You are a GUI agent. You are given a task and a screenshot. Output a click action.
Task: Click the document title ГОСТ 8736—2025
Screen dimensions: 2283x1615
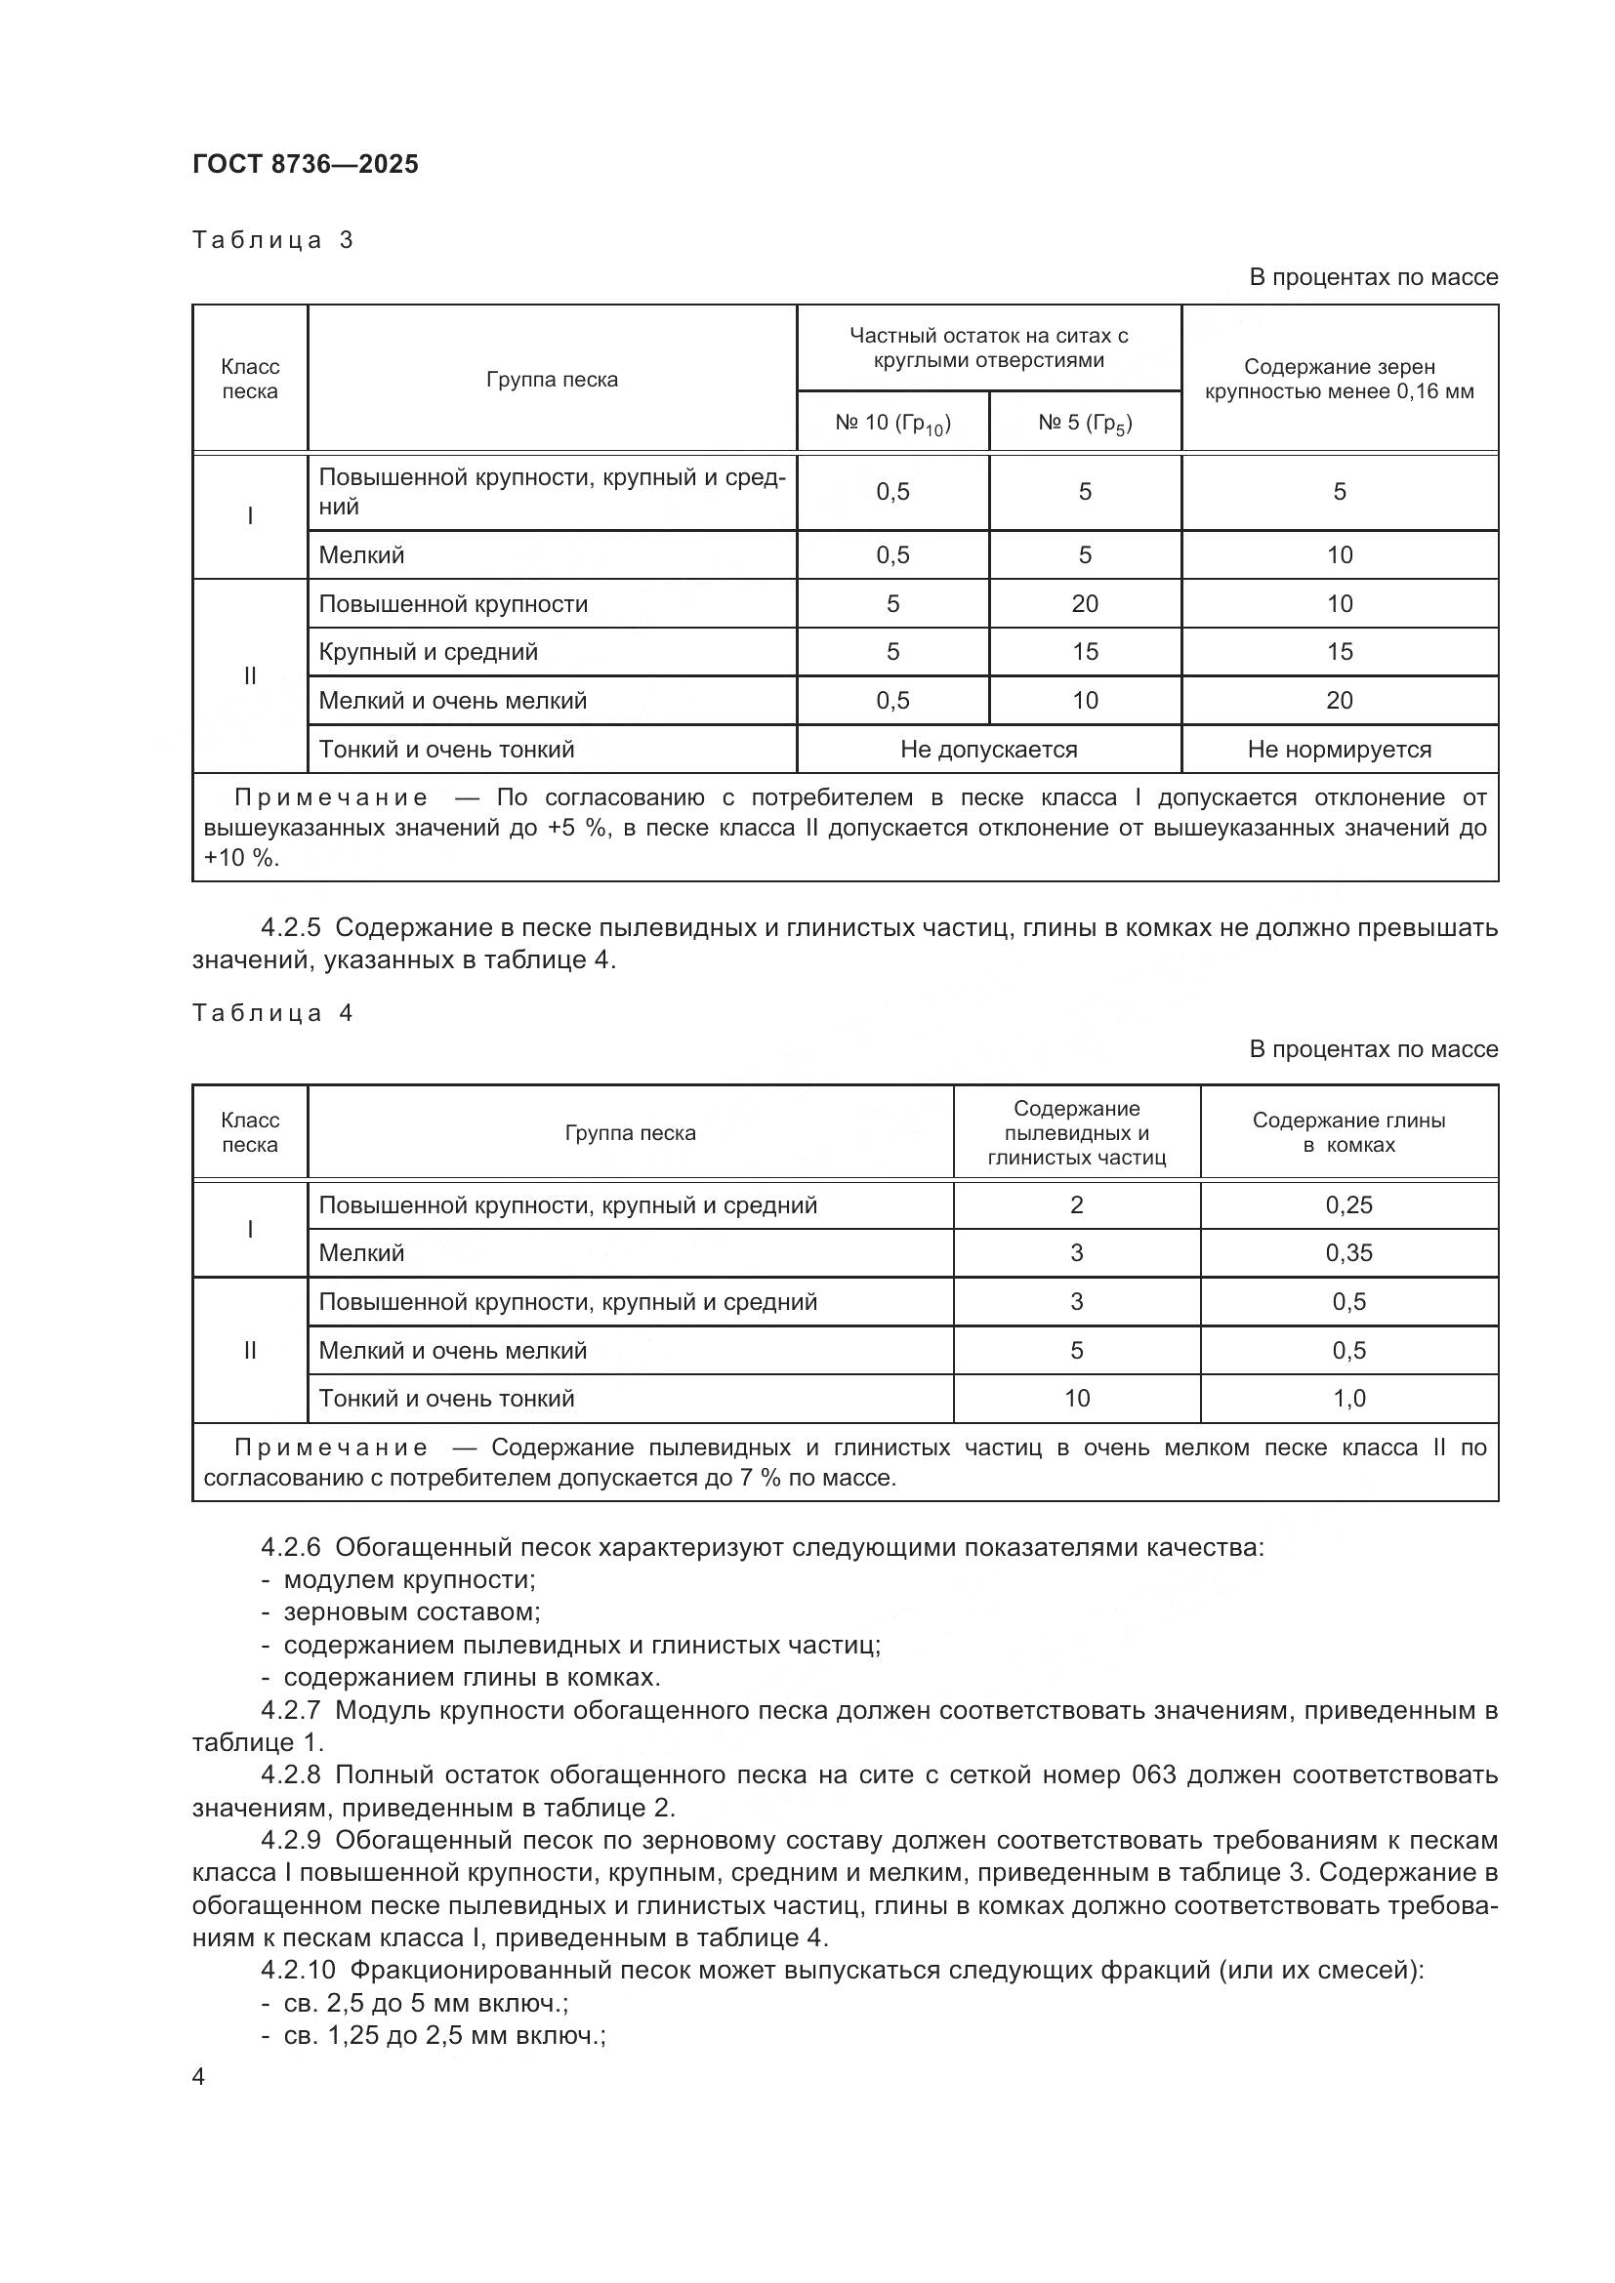coord(306,164)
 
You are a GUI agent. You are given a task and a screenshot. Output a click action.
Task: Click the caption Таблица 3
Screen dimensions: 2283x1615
coord(272,240)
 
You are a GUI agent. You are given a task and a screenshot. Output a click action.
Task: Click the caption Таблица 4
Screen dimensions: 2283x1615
coord(272,1012)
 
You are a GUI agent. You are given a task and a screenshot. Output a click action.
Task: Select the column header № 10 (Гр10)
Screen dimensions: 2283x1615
coord(892,424)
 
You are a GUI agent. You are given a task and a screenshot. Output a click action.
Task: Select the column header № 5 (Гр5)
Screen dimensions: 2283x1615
coord(1085,424)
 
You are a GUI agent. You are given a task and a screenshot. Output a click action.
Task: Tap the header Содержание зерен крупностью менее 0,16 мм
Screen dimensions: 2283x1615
coord(1339,379)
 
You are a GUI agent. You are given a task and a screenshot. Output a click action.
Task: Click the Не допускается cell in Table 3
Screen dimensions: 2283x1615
coord(988,749)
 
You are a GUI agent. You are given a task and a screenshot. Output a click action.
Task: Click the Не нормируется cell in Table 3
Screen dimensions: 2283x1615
coord(1339,749)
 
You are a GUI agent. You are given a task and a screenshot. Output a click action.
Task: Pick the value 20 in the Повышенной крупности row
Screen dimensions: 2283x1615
coord(1085,603)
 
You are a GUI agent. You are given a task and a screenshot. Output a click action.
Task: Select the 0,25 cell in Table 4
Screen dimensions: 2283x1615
coord(1348,1205)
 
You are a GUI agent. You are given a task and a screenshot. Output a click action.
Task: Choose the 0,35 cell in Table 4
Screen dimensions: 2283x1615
coord(1348,1253)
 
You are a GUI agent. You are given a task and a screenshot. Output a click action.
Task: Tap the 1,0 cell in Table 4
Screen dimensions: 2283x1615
coord(1348,1398)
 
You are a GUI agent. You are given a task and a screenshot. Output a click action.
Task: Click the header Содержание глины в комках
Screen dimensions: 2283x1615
coord(1348,1132)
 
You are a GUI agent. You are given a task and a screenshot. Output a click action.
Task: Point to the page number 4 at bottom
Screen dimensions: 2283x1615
coord(199,2077)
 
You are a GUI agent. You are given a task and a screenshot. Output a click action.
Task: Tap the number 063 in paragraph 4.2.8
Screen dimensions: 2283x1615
coord(1153,1774)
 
